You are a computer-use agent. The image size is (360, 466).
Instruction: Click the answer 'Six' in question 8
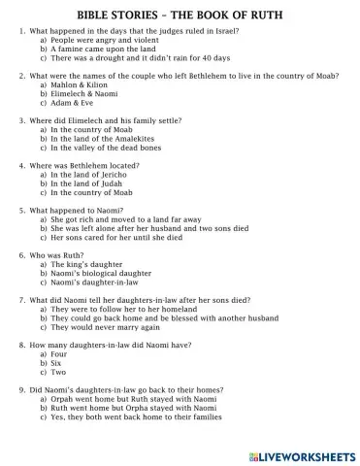click(57, 363)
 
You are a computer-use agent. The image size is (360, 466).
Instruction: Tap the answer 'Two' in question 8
click(58, 372)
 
